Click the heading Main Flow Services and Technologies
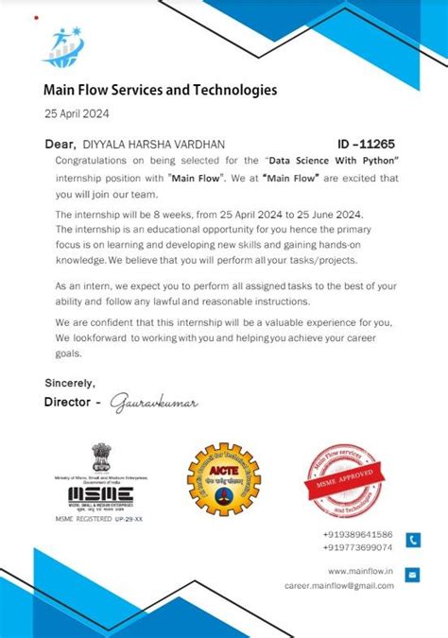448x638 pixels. point(160,91)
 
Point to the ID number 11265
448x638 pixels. point(377,144)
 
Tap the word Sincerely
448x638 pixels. point(70,383)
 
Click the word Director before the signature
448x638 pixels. point(69,402)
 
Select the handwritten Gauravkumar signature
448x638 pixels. point(155,403)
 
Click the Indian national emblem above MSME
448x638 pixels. point(100,457)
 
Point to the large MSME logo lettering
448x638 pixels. point(100,496)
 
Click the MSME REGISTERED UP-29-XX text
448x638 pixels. point(99,519)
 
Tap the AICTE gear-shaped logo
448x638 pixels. point(223,479)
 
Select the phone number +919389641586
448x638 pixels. point(357,534)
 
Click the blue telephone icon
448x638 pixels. point(413,540)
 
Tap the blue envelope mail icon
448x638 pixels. point(413,575)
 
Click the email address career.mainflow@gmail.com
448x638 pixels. point(339,585)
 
